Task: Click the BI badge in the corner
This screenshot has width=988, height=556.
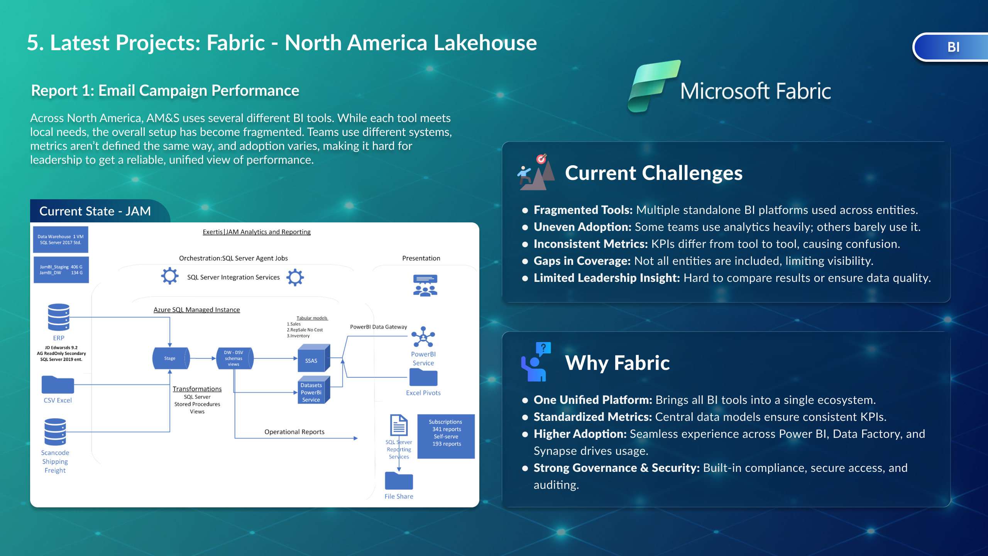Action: click(x=952, y=47)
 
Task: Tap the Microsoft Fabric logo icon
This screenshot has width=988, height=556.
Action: click(x=653, y=86)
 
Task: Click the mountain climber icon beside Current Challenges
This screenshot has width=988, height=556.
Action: click(x=536, y=173)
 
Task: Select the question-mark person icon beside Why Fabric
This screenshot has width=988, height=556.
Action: click(x=536, y=362)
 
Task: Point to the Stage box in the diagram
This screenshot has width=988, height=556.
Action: click(x=171, y=358)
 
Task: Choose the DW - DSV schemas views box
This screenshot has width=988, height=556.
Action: click(x=234, y=358)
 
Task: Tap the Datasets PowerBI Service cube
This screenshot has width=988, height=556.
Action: click(x=313, y=390)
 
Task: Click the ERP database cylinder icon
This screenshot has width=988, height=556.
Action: click(x=59, y=317)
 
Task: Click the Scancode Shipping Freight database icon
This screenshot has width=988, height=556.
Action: click(x=55, y=432)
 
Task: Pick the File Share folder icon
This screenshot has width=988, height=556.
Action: click(x=399, y=481)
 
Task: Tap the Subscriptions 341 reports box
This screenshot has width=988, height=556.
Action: click(x=446, y=436)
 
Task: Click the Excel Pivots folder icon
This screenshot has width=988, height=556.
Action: click(x=423, y=377)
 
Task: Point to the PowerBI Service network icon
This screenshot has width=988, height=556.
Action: click(x=423, y=337)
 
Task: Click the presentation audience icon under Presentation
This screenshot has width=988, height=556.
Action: click(x=425, y=285)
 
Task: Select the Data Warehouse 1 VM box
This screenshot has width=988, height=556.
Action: click(x=61, y=239)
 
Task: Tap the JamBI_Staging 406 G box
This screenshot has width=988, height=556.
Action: click(x=61, y=270)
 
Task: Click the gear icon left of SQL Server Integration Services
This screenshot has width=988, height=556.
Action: click(x=170, y=276)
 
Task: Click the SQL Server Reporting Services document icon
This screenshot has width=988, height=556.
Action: click(x=399, y=425)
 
